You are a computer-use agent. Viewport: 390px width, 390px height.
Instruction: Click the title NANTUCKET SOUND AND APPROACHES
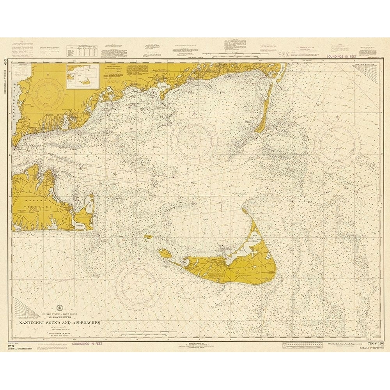point(57,323)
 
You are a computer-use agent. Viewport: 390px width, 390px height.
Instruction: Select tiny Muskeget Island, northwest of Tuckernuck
point(148,236)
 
